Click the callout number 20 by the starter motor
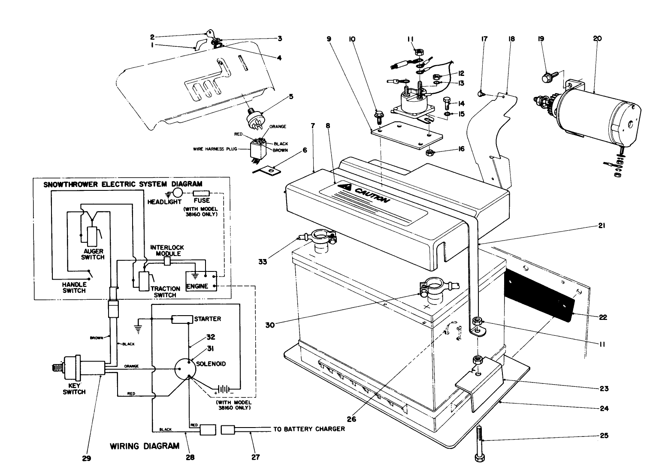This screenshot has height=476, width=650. click(x=597, y=39)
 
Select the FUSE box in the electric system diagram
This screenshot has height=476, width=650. click(x=201, y=194)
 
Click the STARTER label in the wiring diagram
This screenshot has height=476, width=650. click(x=208, y=319)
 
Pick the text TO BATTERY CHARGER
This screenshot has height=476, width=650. click(x=309, y=429)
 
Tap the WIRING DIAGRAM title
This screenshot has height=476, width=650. click(x=145, y=446)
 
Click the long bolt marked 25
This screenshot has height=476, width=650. click(x=480, y=444)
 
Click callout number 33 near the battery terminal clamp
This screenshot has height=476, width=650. click(x=262, y=261)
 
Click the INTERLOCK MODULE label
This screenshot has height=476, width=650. click(x=167, y=250)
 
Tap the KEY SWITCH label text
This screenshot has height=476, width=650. click(x=74, y=389)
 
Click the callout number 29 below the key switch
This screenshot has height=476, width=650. click(x=87, y=458)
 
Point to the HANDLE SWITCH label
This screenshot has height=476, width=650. click(x=74, y=287)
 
